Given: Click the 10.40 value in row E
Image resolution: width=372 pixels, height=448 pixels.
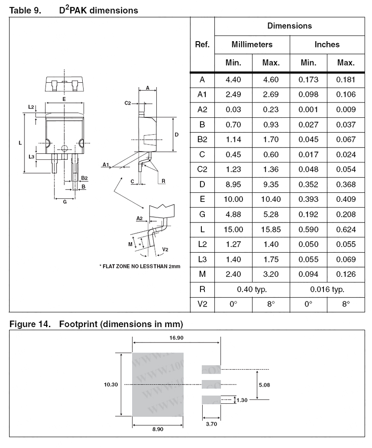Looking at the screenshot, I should click(x=271, y=199).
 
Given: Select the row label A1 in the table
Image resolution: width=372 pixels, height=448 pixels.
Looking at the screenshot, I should click(x=202, y=95).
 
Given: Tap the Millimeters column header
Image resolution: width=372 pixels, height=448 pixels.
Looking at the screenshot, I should click(x=252, y=44).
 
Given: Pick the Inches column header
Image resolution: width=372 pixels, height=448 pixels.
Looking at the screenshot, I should click(x=327, y=44).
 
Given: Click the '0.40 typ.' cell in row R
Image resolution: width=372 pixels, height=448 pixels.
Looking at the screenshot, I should click(x=252, y=289).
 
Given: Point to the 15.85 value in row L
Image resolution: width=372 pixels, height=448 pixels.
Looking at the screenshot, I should click(x=271, y=229).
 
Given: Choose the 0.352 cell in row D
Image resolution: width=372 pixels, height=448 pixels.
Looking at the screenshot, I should click(x=309, y=184).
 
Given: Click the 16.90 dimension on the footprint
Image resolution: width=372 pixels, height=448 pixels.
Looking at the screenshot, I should click(x=177, y=338).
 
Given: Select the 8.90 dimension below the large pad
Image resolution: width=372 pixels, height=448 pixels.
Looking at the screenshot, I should click(x=158, y=429).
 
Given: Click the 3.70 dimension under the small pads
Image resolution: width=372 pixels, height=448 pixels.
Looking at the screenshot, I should click(x=211, y=423).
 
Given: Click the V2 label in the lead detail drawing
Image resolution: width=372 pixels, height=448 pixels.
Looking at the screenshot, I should click(x=165, y=250).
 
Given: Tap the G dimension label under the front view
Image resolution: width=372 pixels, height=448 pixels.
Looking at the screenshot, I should click(x=65, y=202).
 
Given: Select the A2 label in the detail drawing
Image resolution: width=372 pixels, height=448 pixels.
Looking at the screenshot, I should click(x=140, y=218).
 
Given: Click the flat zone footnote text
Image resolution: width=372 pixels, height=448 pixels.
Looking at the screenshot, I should click(x=140, y=266).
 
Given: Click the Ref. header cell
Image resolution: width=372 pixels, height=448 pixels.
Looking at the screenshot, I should click(x=202, y=44).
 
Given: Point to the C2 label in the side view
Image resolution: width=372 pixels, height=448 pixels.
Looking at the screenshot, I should click(x=127, y=103).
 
